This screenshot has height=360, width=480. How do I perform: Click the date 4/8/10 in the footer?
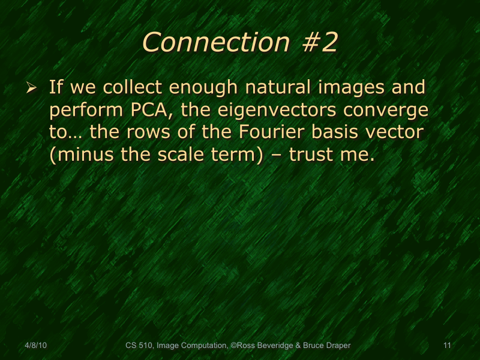coord(36,346)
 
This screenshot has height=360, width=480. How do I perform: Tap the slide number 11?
coord(446,346)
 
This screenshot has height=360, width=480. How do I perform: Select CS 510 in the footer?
coord(139,346)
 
